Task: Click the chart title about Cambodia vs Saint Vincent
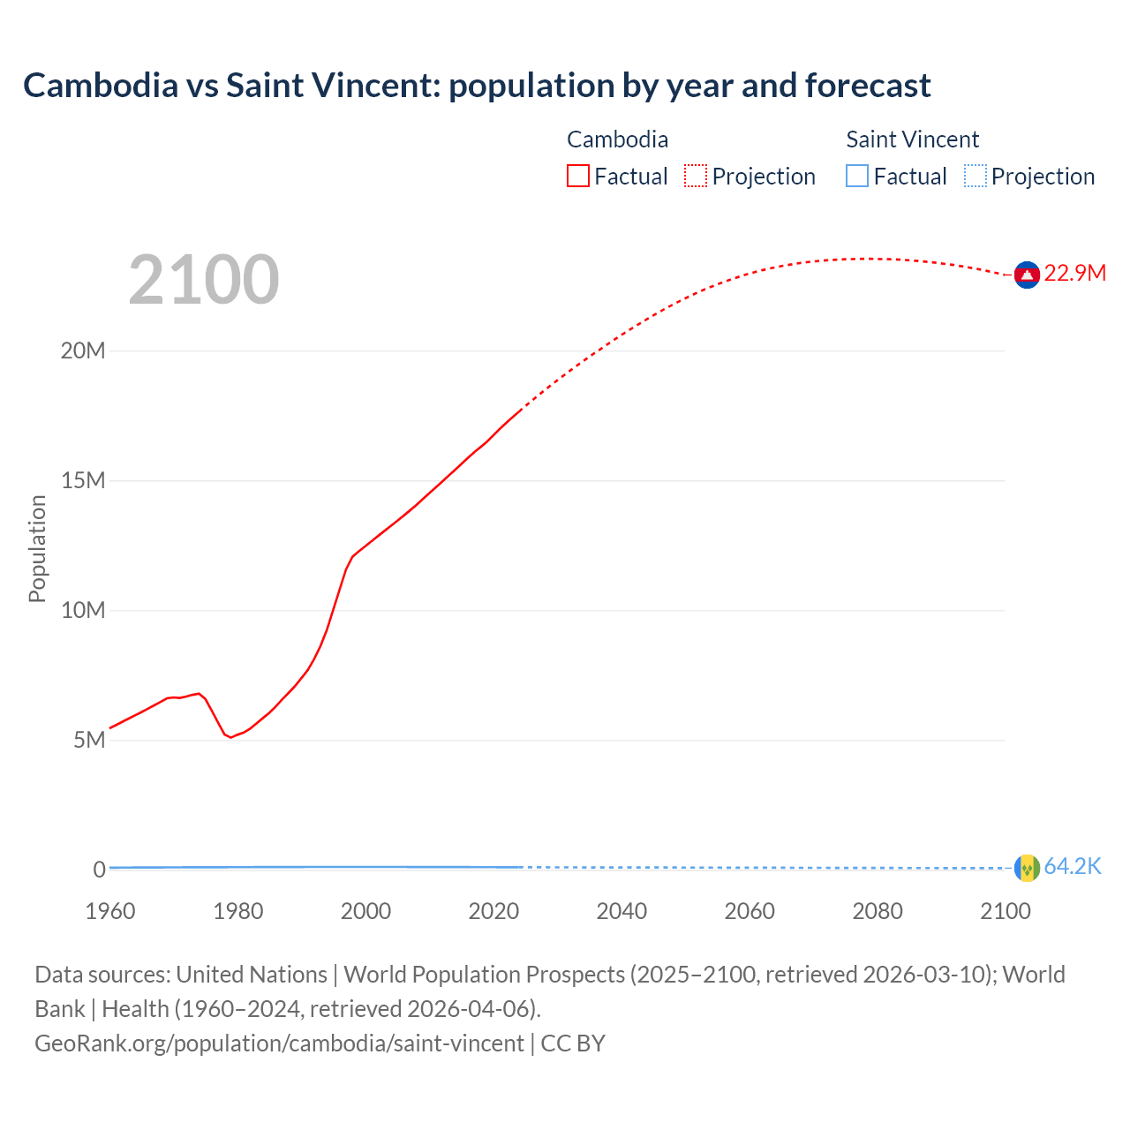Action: coord(477,86)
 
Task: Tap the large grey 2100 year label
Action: coord(204,280)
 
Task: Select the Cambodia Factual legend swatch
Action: coord(577,177)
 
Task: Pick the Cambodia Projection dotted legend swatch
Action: coord(696,177)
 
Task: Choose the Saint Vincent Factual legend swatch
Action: coord(857,177)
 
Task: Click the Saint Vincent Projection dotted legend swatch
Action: coord(976,177)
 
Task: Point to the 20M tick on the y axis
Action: coord(83,350)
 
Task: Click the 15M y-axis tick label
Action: coord(83,480)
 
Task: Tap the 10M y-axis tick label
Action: coord(83,610)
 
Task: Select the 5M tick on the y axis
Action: coord(89,740)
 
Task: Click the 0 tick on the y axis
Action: coord(99,870)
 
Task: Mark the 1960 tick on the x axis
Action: coord(110,911)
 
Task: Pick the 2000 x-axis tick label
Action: coord(365,911)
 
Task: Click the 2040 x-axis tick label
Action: coord(621,911)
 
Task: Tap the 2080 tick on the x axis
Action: coord(878,911)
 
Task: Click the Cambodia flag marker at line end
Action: coord(1027,275)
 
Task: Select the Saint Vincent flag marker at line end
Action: coord(1027,869)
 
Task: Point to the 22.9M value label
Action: coord(1074,274)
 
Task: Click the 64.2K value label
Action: coord(1073,867)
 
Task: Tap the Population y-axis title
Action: coord(37,548)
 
